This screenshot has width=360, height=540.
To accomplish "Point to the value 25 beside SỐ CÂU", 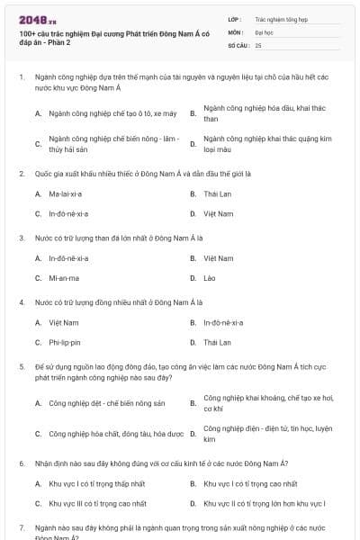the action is click(258, 45).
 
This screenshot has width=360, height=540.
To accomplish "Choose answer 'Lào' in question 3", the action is click(210, 278).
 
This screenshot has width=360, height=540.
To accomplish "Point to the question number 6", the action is click(21, 463).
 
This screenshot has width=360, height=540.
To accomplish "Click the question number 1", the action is click(21, 77).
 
